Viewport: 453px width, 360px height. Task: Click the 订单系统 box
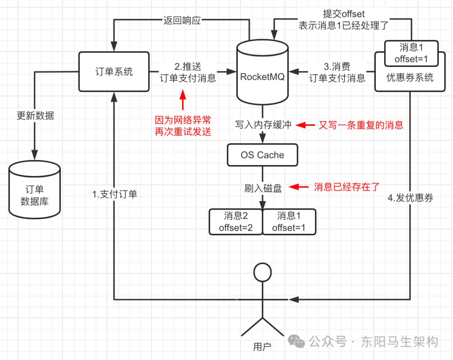point(114,72)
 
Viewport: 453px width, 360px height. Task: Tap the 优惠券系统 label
point(410,78)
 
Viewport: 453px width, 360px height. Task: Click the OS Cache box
point(262,155)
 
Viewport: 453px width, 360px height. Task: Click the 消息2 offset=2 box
point(236,222)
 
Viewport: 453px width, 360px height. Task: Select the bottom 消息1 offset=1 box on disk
point(289,222)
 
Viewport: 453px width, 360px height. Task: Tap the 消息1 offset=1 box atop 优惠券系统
point(411,54)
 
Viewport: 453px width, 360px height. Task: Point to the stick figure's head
point(263,272)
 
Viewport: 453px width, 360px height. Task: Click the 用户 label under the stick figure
point(262,346)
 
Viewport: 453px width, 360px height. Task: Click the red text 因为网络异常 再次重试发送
point(183,126)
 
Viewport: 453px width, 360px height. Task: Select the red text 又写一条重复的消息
point(361,125)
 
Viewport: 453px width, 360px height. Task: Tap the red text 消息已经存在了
point(348,187)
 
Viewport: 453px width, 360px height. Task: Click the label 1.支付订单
point(115,194)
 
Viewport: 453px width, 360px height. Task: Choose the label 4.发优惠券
point(410,198)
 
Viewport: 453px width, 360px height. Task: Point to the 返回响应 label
point(182,20)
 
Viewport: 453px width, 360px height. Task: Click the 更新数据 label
point(35,116)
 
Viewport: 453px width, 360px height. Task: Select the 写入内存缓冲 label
point(263,125)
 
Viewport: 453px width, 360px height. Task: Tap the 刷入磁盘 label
point(263,188)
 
